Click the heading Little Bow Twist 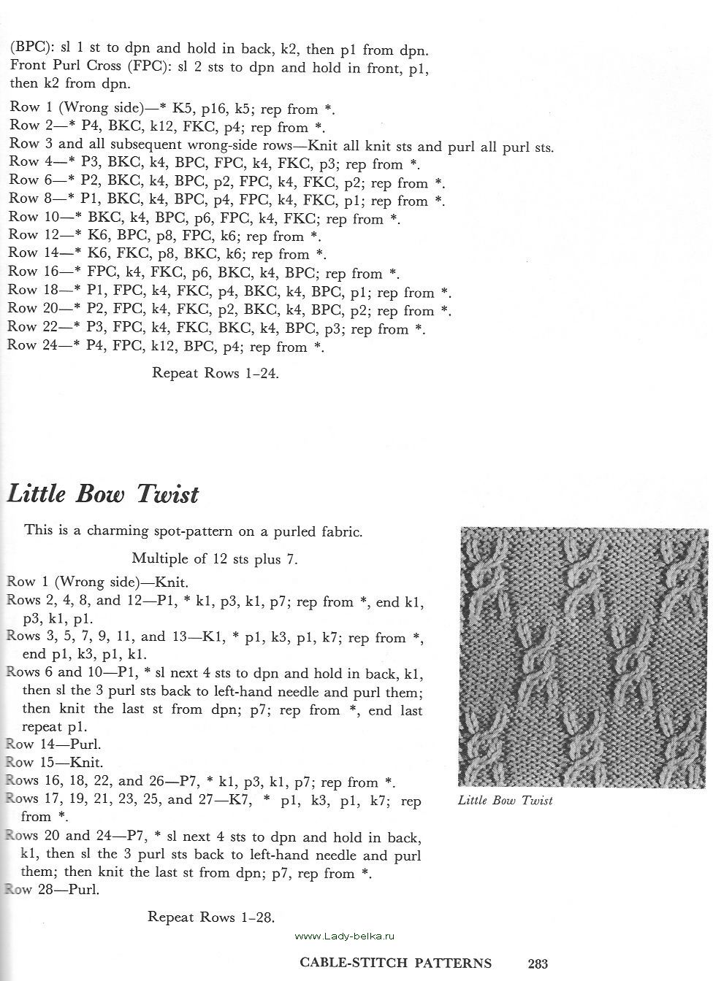(103, 494)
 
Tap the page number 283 (538, 963)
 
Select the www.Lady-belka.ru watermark (344, 936)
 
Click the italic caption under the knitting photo (505, 801)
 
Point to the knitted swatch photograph (584, 656)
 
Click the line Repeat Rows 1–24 (216, 373)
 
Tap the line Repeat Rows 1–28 (211, 917)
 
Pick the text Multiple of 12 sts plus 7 (215, 559)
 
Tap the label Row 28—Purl (52, 890)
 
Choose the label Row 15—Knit (52, 763)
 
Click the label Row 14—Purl (53, 745)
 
